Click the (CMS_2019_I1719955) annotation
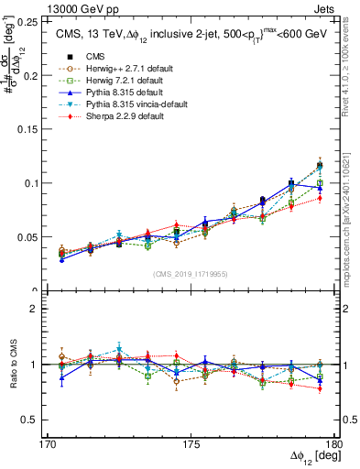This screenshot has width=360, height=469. coord(191,273)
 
